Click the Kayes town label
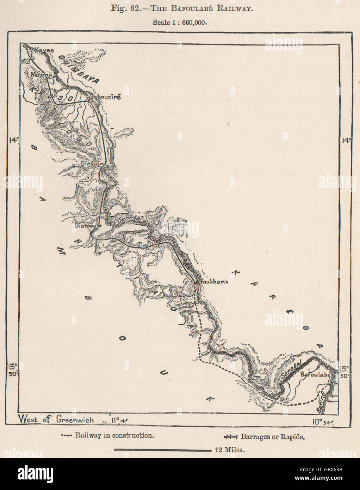pyautogui.click(x=44, y=50)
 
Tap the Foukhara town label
pyautogui.click(x=214, y=282)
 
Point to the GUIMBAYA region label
pyautogui.click(x=79, y=69)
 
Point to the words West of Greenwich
pyautogui.click(x=56, y=419)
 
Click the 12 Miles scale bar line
pyautogui.click(x=162, y=450)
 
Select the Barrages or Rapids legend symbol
pyautogui.click(x=231, y=437)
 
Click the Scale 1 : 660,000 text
pyautogui.click(x=180, y=22)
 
